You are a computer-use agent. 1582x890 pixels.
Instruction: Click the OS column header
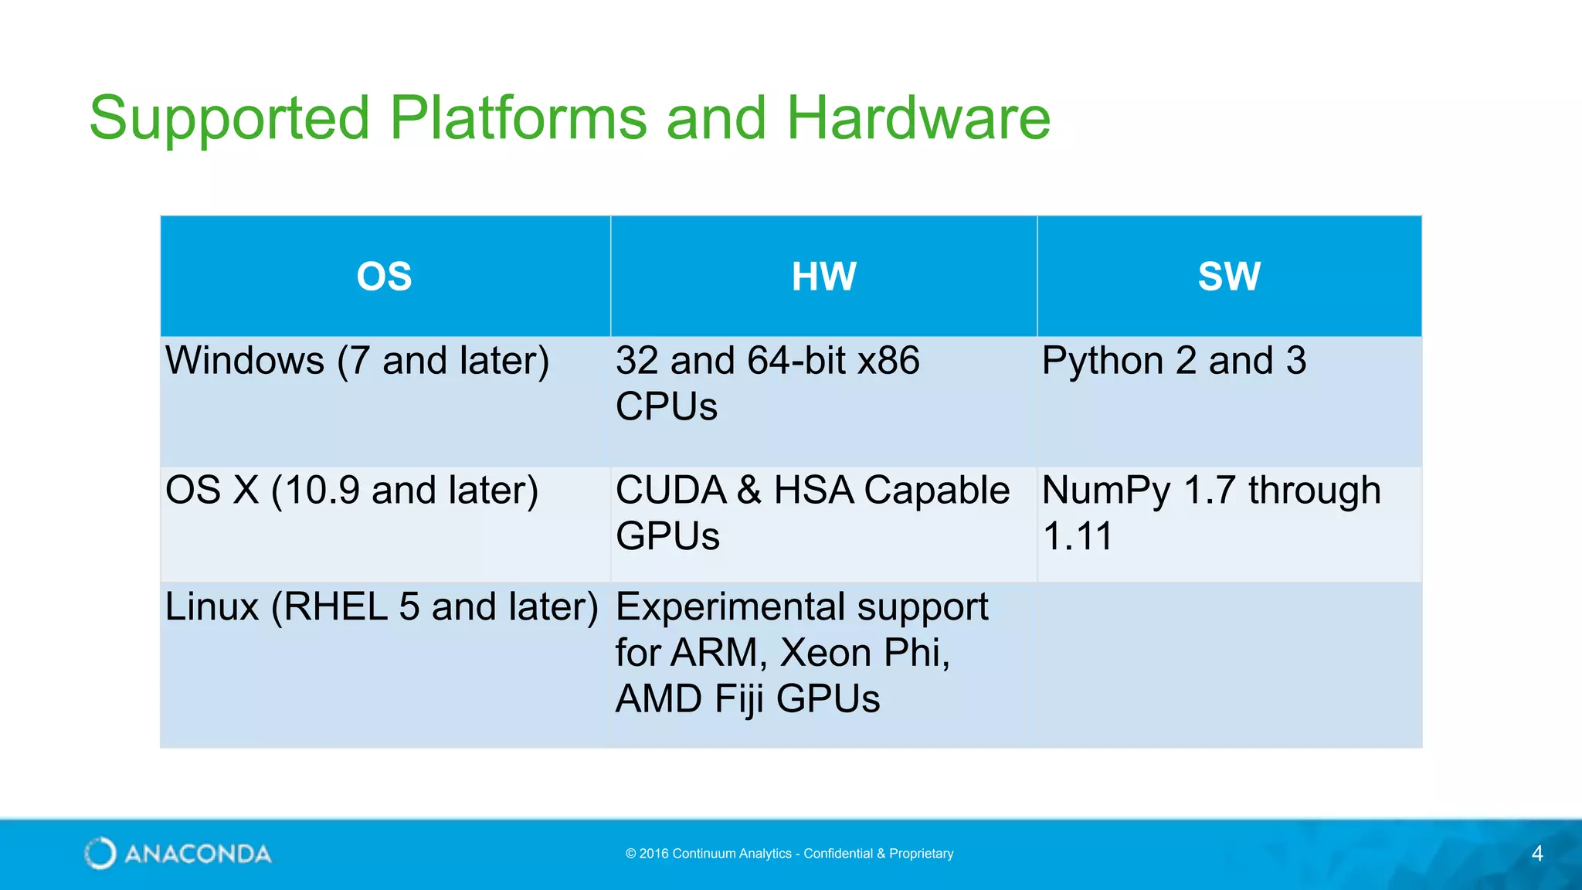pos(384,277)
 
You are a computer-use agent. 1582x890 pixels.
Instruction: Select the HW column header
pos(823,277)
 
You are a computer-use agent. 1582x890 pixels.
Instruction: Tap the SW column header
pos(1229,277)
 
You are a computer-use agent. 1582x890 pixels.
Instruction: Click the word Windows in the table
pos(245,361)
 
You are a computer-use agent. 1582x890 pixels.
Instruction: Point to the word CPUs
pos(666,407)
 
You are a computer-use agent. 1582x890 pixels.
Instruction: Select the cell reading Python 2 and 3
pos(1173,361)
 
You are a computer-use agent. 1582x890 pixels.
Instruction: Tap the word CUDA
pos(670,491)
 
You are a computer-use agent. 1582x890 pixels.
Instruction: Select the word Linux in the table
pos(212,607)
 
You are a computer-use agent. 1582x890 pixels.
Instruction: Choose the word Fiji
pos(739,700)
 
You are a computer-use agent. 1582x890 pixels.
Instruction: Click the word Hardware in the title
pos(918,119)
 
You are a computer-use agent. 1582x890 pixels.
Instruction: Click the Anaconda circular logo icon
pos(100,853)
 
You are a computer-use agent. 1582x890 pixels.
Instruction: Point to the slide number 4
pos(1536,854)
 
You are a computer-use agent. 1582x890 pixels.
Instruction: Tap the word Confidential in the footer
pos(838,854)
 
